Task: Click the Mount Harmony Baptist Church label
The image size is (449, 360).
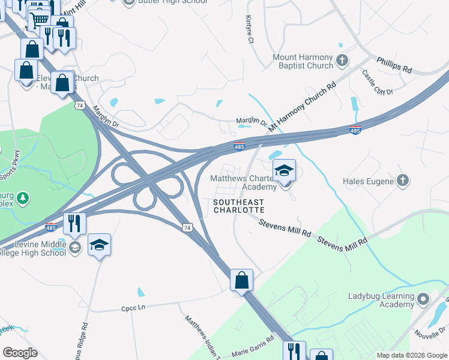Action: (x=303, y=61)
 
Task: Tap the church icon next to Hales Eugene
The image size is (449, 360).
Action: (x=403, y=181)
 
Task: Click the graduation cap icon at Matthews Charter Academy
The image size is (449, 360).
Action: (x=285, y=171)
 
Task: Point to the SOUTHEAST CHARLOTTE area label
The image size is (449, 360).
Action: (x=239, y=206)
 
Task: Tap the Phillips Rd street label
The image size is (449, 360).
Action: (x=394, y=65)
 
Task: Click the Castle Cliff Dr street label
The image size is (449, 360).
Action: (x=377, y=82)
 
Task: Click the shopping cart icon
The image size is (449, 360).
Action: (x=40, y=20)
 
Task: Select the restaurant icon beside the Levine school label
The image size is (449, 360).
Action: (x=75, y=224)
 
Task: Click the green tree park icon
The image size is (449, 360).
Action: (x=23, y=197)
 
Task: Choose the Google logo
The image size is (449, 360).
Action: (x=20, y=352)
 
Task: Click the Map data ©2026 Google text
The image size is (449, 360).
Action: (x=411, y=355)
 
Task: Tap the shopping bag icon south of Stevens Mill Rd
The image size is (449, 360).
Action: (x=241, y=280)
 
